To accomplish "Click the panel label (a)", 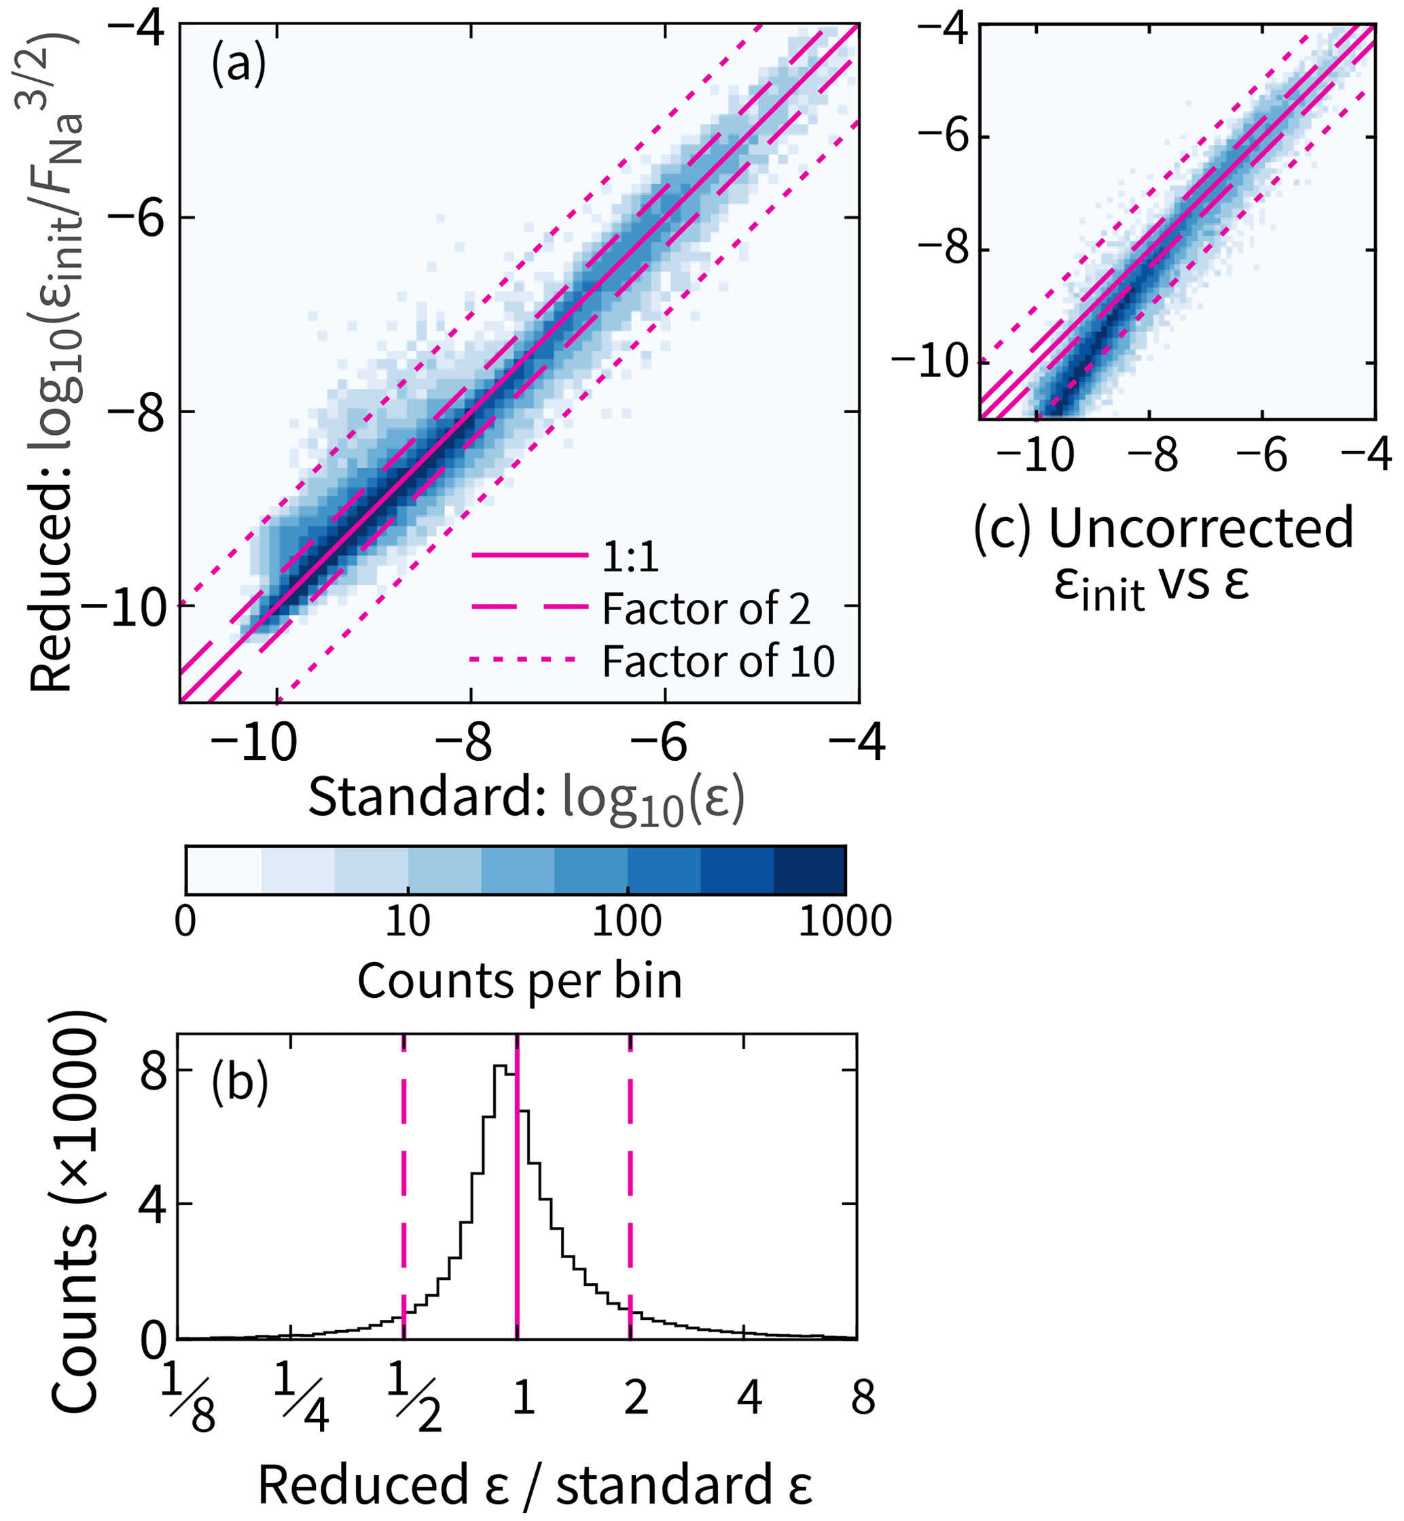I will [238, 65].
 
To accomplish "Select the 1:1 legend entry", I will [630, 557].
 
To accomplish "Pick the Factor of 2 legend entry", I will [706, 609].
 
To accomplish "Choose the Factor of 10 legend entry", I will [718, 661].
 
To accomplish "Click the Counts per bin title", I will [520, 981].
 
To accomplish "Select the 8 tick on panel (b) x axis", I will [863, 1398].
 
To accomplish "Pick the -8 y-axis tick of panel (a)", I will [136, 412].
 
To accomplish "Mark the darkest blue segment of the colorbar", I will [809, 870].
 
